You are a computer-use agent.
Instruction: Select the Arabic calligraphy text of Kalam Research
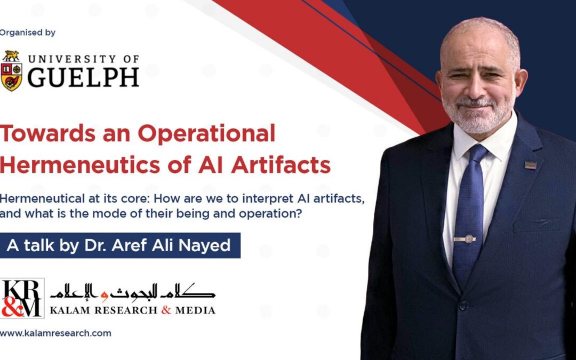[x=133, y=291]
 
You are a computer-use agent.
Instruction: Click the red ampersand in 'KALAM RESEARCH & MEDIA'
[x=166, y=310]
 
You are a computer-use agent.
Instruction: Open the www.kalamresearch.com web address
[x=56, y=333]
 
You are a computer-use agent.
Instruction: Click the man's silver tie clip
[x=465, y=238]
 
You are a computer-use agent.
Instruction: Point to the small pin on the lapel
[x=530, y=165]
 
